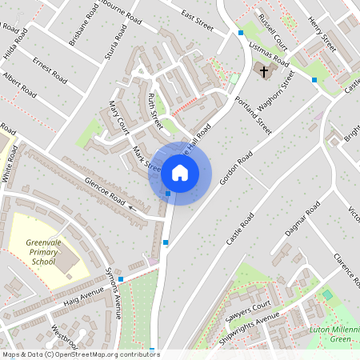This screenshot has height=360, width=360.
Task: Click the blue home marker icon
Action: [x=180, y=172]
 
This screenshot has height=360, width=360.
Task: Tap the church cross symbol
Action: [x=263, y=72]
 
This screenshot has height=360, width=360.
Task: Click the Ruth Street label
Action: [x=154, y=110]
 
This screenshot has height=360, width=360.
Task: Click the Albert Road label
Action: [x=19, y=85]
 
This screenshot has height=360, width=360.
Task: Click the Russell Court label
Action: [x=272, y=29]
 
